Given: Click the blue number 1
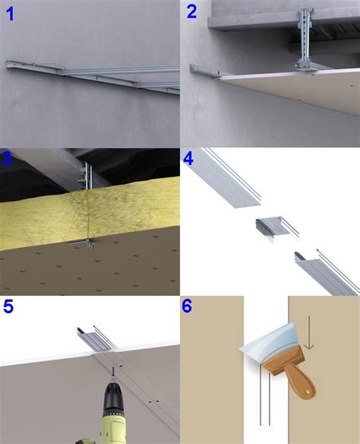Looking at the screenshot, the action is pyautogui.click(x=10, y=14).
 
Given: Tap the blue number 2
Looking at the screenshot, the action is pyautogui.click(x=191, y=12).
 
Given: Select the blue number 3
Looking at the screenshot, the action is pyautogui.click(x=6, y=159).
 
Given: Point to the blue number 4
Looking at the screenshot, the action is pyautogui.click(x=188, y=159).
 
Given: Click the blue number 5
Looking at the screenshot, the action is pyautogui.click(x=8, y=306).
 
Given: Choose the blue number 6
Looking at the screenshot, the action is pyautogui.click(x=187, y=306).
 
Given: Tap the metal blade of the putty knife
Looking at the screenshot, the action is pyautogui.click(x=270, y=342).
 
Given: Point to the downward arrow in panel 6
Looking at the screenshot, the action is pyautogui.click(x=309, y=333).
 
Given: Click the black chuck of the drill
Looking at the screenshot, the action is pyautogui.click(x=113, y=395).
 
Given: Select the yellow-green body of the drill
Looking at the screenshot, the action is pyautogui.click(x=112, y=427).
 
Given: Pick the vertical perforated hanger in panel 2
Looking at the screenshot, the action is pyautogui.click(x=305, y=40).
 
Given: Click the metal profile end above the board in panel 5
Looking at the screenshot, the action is pyautogui.click(x=96, y=338).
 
